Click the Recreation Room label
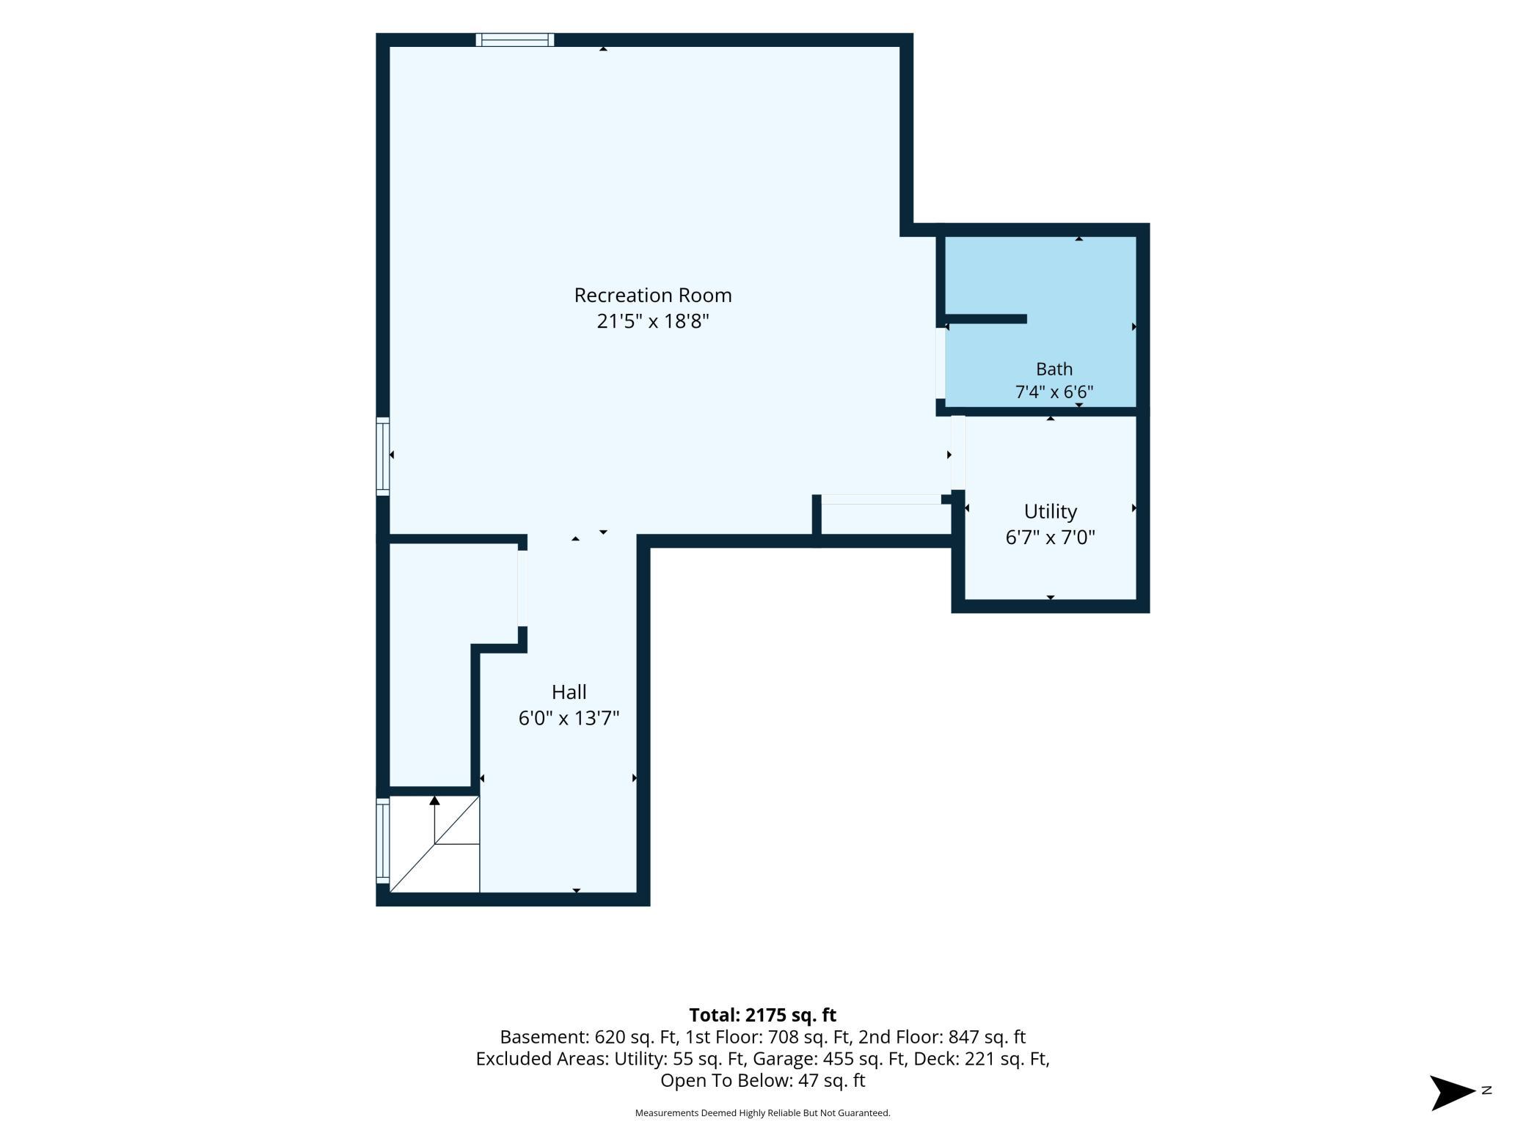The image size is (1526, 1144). point(653,295)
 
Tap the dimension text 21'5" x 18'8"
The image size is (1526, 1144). point(653,321)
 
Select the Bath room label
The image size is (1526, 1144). point(1054,369)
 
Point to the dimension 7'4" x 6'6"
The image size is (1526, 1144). point(1054,392)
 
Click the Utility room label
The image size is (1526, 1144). point(1051,511)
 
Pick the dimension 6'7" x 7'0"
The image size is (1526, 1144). point(1051,538)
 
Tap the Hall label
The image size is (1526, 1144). point(569,692)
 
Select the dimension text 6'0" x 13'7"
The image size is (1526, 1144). point(569,718)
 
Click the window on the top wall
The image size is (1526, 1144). point(515,40)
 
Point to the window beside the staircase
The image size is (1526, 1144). point(382,840)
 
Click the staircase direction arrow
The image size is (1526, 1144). point(435,819)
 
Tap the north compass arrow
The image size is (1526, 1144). point(1453,1093)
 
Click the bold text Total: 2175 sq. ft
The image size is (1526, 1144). point(763,1015)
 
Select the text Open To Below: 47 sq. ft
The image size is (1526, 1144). point(763,1080)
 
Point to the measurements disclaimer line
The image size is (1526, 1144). point(763,1113)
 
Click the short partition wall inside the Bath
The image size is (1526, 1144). point(985,319)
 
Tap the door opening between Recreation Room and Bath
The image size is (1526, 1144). point(941,363)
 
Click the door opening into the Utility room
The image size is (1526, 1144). point(958,452)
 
